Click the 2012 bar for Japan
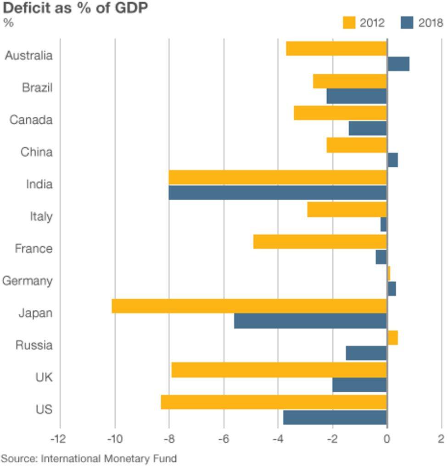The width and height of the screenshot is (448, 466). [x=249, y=306]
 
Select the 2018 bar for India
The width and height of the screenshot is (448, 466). [x=278, y=192]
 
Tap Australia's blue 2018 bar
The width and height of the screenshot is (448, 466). [x=398, y=64]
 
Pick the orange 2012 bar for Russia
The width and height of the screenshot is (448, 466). [x=392, y=338]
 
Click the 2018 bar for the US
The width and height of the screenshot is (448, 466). [x=335, y=418]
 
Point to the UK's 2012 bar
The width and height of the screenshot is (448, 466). [x=279, y=370]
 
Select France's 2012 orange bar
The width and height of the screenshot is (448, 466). [x=320, y=241]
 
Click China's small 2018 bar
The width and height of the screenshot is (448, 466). [x=392, y=160]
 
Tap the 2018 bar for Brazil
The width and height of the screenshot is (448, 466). [x=357, y=96]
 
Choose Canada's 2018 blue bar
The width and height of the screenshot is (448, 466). [x=368, y=128]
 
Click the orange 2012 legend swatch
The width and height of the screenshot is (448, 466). [x=349, y=23]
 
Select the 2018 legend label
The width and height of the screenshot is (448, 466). [x=431, y=23]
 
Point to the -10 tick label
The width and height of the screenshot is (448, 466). [x=114, y=439]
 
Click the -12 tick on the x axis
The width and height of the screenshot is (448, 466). [x=59, y=439]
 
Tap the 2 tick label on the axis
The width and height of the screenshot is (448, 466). [x=441, y=439]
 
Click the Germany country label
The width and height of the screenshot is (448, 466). [x=27, y=280]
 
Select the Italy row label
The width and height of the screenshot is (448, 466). [x=41, y=216]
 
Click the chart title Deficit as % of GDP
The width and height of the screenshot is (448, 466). [x=76, y=8]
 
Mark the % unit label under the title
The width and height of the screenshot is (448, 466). [x=8, y=23]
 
